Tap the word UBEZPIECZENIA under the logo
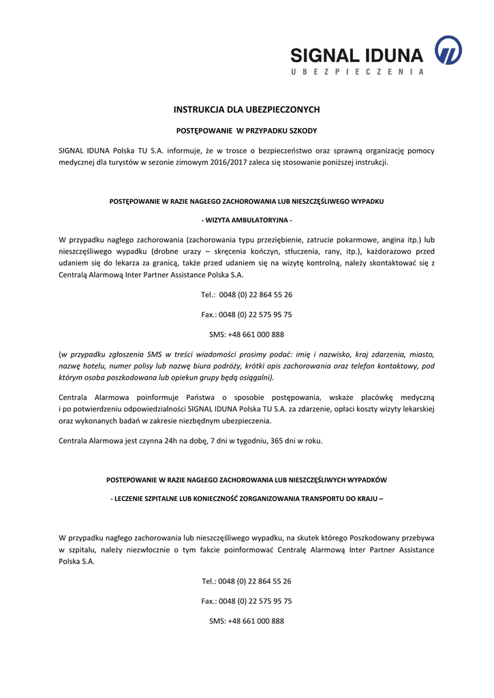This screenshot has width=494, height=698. coord(357,72)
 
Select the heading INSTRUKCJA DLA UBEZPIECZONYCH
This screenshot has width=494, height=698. coord(247,110)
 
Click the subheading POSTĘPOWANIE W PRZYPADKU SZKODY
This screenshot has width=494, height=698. coord(247,130)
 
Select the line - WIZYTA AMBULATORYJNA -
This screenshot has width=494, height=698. coord(247,220)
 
